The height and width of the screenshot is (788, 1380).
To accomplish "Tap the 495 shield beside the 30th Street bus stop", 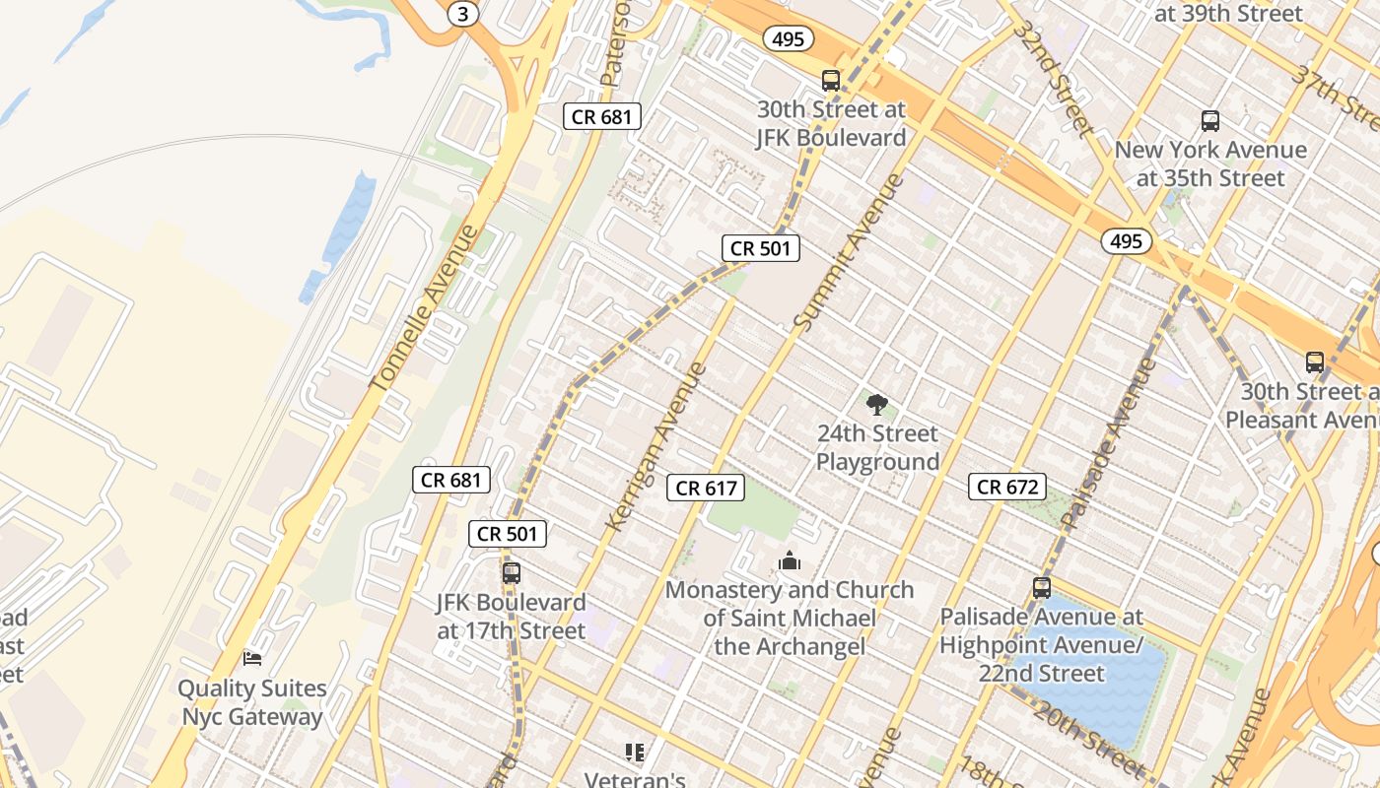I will click(789, 39).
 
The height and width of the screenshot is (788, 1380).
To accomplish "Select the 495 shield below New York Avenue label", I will click(1126, 241).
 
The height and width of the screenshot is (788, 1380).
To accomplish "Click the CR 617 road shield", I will click(705, 487).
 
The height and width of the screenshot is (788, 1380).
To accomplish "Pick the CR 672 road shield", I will click(1006, 486).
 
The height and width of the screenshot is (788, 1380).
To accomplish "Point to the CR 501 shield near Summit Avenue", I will click(760, 248).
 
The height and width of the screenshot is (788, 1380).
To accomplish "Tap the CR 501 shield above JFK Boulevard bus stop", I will click(507, 534).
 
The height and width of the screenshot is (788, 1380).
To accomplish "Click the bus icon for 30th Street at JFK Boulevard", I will click(831, 81).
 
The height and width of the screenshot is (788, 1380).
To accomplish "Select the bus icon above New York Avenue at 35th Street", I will click(1210, 121).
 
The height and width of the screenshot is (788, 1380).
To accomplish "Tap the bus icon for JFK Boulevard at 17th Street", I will click(511, 572).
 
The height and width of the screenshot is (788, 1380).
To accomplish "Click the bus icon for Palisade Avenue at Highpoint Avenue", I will click(1042, 588).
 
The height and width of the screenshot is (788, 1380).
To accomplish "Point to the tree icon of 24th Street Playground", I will click(877, 403).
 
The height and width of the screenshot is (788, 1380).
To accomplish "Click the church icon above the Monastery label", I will click(790, 561).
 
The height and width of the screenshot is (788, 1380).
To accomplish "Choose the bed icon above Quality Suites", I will click(252, 658).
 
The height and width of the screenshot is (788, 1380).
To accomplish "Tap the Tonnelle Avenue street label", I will click(424, 307).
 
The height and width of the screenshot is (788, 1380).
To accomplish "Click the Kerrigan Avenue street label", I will click(657, 446).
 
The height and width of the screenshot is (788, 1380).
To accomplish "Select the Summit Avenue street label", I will click(848, 252).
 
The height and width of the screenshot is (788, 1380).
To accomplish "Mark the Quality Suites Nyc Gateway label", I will click(252, 702).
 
